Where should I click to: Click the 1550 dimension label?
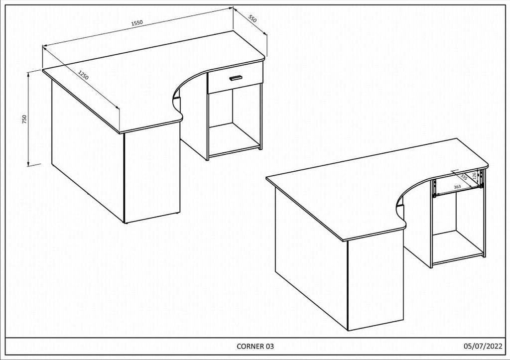coord(137,23)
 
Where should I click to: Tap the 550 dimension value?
coord(252,19)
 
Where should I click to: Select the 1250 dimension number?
coord(83,76)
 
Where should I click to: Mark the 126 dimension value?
coord(475,176)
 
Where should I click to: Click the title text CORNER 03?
coord(255,346)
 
